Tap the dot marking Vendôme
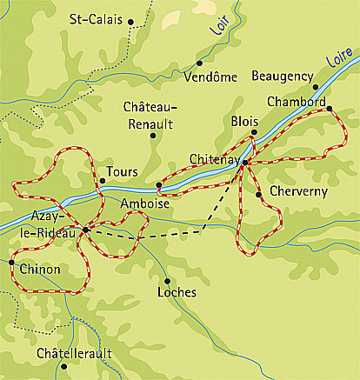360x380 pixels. coord(199,63)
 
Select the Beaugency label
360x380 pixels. coord(282,76)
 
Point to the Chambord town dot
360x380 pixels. coord(329,108)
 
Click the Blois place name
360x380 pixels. coord(244,123)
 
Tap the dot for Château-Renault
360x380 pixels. coord(153,136)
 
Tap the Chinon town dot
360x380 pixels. coord(11,261)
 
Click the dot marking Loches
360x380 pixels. coord(167,280)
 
